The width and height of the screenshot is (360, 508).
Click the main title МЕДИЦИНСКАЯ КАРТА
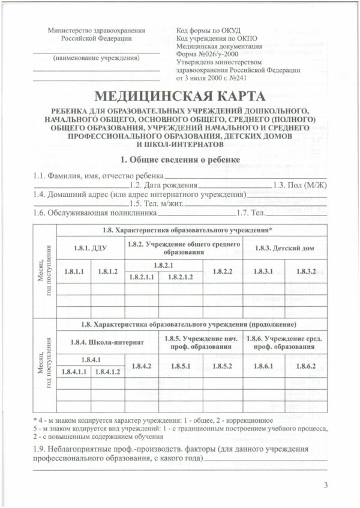pyautogui.click(x=180, y=97)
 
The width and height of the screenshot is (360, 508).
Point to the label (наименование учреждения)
pyautogui.click(x=96, y=58)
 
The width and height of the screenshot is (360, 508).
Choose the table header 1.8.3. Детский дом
pyautogui.click(x=284, y=247)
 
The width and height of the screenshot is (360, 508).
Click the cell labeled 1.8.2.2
pyautogui.click(x=223, y=271)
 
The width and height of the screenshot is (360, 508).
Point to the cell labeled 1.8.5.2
pyautogui.click(x=223, y=366)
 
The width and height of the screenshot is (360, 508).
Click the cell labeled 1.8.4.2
pyautogui.click(x=140, y=366)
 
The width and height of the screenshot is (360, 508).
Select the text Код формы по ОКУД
pyautogui.click(x=208, y=29)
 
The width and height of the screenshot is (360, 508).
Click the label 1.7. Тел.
pyautogui.click(x=248, y=213)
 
